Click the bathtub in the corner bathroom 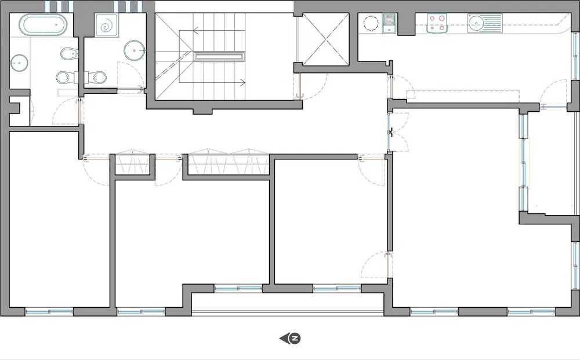(43, 25)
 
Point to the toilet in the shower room (97, 77)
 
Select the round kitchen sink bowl (476, 23)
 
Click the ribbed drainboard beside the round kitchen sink (493, 23)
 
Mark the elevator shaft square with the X (327, 38)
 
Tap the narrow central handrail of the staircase (219, 56)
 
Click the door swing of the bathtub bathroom (65, 111)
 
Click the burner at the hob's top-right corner (442, 18)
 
